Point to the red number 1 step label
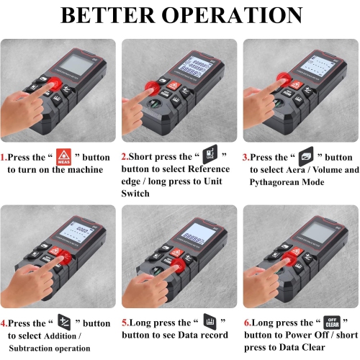tap(4, 158)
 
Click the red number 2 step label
tap(125, 158)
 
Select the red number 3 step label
tap(246, 158)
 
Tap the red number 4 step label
tap(4, 323)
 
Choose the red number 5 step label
tap(125, 323)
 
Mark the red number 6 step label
tap(246, 323)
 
